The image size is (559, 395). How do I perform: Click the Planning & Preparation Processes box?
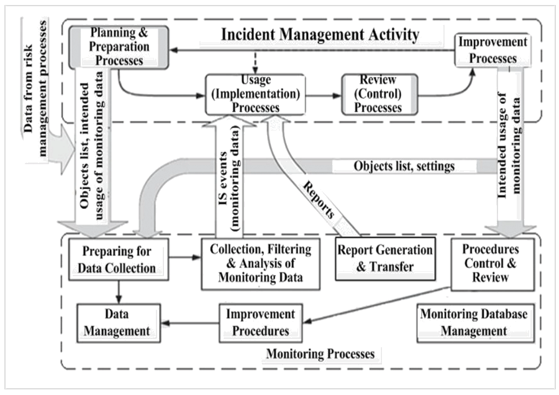(119, 47)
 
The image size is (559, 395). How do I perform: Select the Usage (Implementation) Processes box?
(255, 95)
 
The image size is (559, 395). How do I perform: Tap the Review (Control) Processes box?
(379, 95)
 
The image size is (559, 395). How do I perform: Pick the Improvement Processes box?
(493, 50)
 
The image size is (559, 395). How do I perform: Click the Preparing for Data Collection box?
(119, 259)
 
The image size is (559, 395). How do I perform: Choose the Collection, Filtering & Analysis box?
(261, 264)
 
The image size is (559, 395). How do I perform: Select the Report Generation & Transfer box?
(385, 259)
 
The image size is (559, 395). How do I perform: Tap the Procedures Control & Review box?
(493, 264)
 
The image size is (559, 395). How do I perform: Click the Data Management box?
(119, 323)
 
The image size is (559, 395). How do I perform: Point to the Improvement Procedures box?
(261, 323)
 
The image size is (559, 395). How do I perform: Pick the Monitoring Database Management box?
(476, 323)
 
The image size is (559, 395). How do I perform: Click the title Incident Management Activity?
(320, 35)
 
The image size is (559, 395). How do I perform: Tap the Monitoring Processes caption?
(320, 354)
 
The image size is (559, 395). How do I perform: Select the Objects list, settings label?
(404, 166)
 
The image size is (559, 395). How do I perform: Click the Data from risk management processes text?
(35, 88)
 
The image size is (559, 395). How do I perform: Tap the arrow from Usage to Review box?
(324, 96)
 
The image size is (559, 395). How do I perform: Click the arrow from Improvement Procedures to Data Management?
(190, 323)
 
